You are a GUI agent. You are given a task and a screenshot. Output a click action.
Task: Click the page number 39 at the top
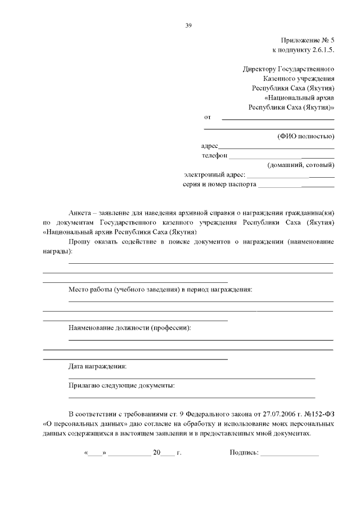(188, 25)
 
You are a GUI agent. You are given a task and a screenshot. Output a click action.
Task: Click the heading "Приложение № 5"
(308, 41)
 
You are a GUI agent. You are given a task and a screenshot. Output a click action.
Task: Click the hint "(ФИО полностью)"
(306, 136)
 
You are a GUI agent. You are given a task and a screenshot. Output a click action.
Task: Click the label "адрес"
(209, 146)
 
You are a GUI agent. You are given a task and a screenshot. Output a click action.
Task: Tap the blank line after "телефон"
(281, 156)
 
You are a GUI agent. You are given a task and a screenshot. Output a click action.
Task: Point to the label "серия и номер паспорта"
(220, 184)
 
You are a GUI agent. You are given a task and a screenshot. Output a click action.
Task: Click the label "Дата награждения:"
(97, 366)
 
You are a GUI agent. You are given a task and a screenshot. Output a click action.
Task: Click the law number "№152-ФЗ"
(316, 415)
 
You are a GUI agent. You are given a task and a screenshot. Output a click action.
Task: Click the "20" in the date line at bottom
(156, 452)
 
